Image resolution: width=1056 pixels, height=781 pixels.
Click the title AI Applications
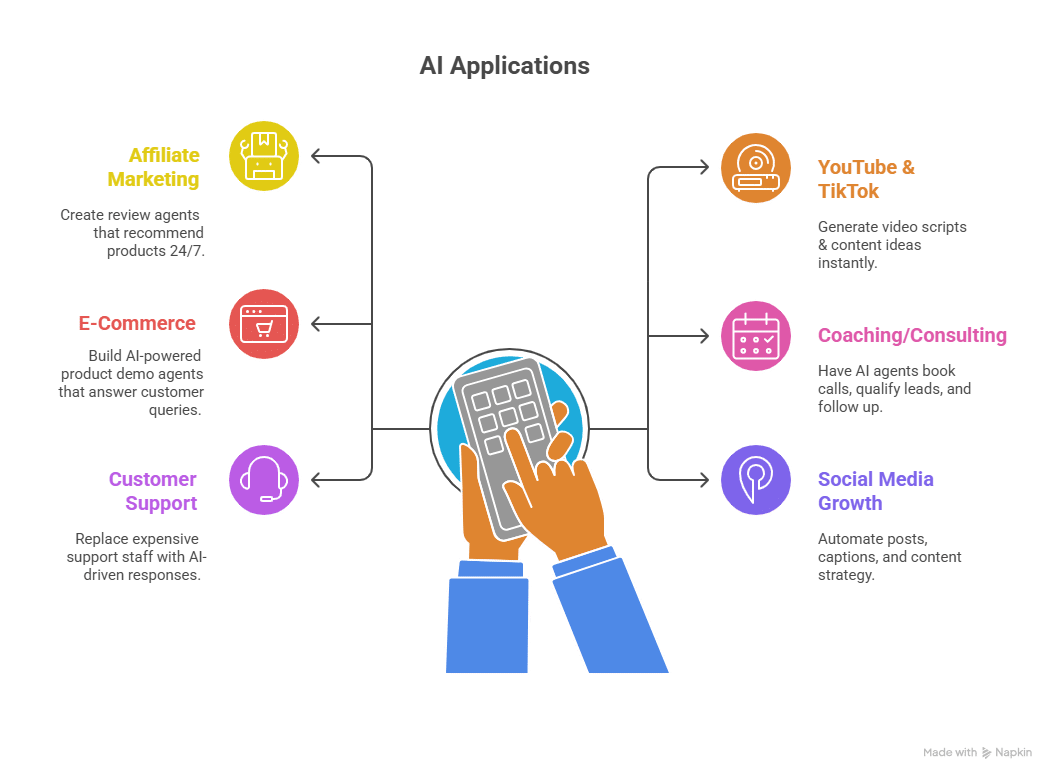click(504, 67)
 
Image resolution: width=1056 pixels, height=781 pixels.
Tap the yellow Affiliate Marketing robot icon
click(264, 156)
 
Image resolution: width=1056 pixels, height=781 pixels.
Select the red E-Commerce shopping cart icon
click(264, 323)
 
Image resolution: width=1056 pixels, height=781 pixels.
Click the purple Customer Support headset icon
click(264, 480)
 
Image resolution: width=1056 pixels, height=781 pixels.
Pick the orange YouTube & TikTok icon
click(756, 167)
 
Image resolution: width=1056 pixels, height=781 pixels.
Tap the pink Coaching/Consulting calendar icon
click(756, 335)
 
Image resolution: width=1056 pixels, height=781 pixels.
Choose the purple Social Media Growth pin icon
click(756, 480)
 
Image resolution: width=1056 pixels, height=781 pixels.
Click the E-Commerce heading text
click(137, 324)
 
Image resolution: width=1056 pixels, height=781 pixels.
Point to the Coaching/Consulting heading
click(912, 335)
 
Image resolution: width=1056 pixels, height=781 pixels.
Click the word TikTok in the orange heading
click(848, 191)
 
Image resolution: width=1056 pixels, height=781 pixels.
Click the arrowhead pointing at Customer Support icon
click(316, 480)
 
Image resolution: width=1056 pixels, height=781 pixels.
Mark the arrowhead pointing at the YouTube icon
click(704, 168)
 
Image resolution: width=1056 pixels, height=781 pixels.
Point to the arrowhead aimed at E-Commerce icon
click(316, 324)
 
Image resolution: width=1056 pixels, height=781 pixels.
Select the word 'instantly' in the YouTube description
click(846, 263)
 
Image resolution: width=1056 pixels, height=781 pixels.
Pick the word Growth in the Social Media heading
click(849, 503)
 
